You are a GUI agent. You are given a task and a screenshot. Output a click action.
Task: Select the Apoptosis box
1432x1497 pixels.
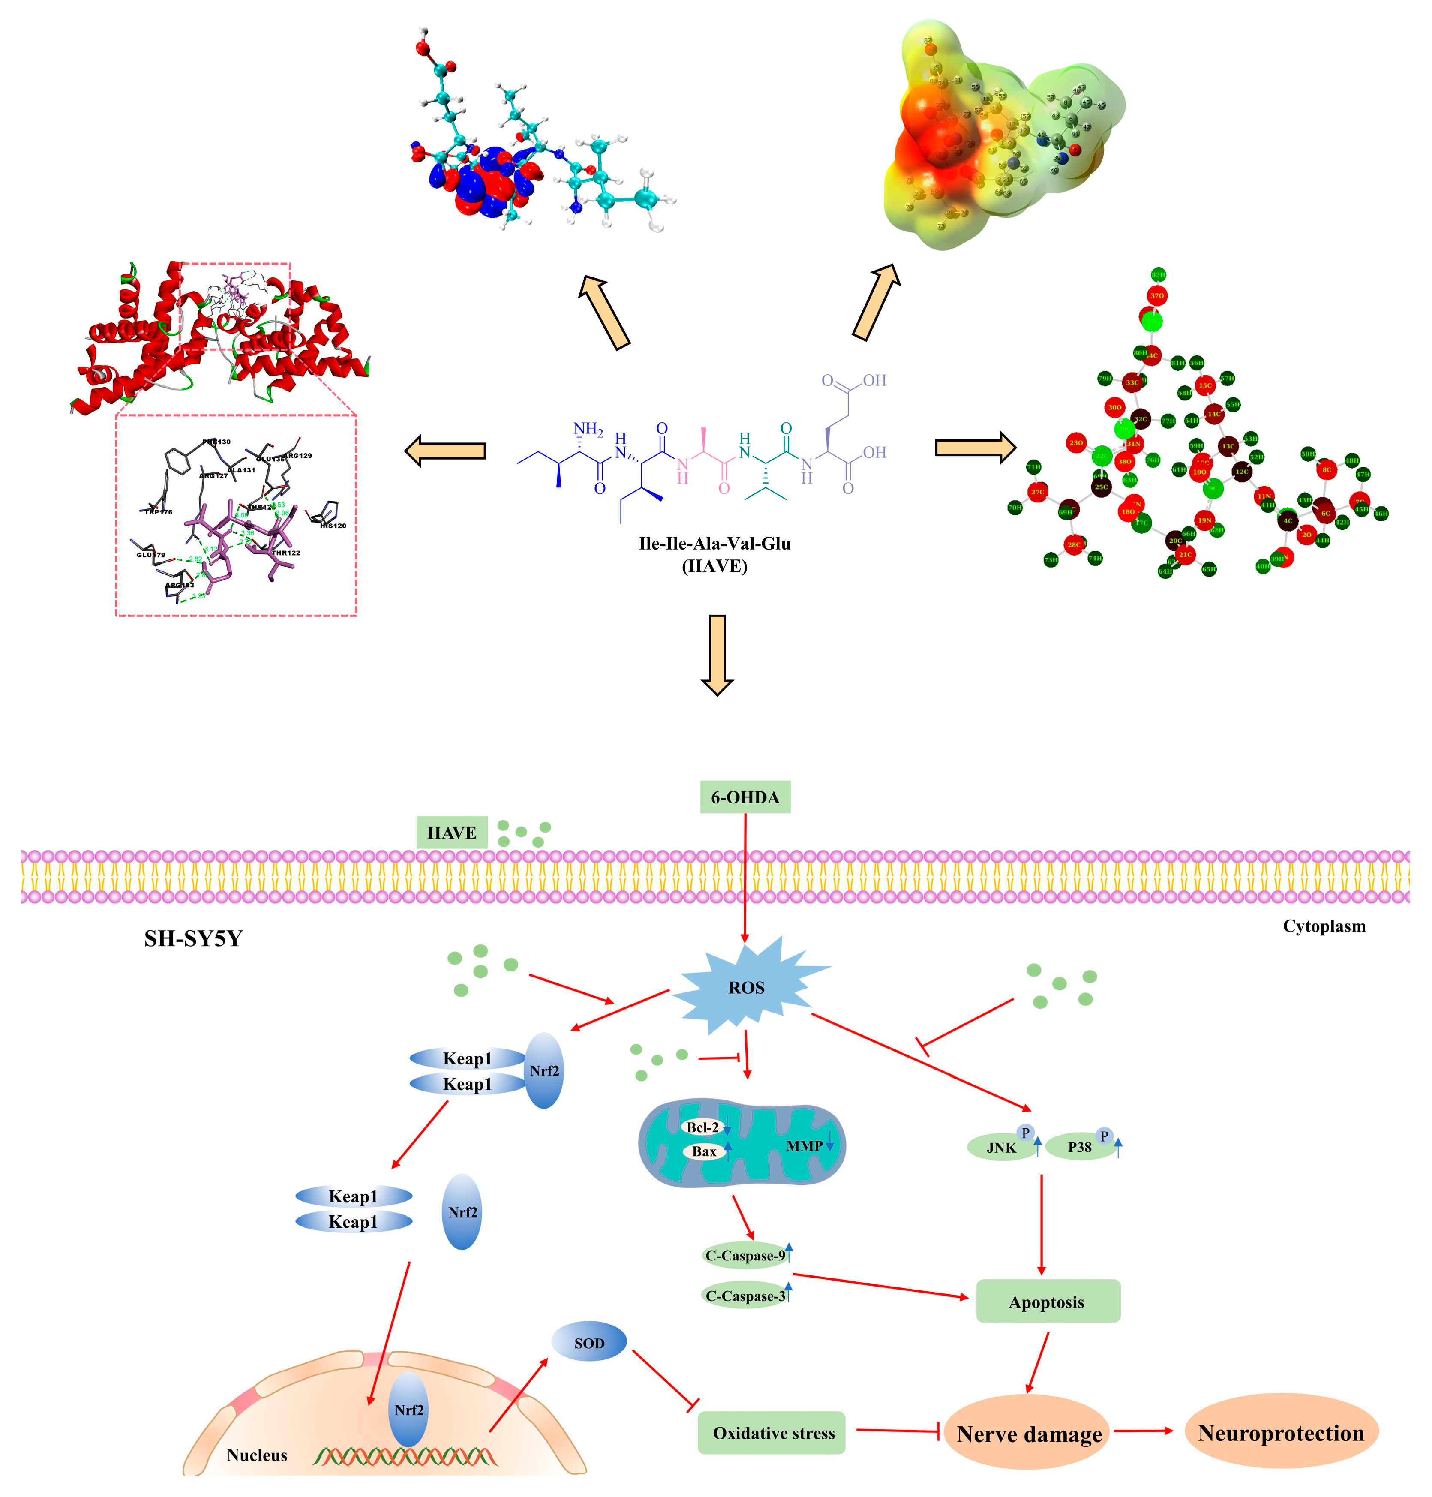(1047, 1302)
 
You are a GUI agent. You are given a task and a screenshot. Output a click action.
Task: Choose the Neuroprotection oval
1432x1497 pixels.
(1280, 1433)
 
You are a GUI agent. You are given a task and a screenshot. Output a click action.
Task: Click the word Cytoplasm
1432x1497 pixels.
(1324, 926)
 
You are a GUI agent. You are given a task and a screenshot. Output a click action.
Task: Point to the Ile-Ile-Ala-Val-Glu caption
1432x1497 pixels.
(714, 544)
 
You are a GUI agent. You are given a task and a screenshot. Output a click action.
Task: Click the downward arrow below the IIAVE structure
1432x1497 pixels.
(717, 654)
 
